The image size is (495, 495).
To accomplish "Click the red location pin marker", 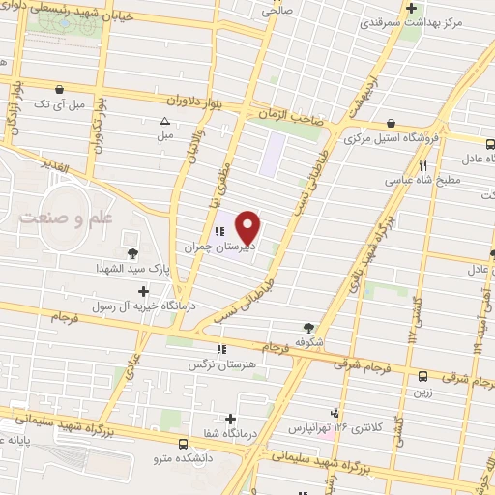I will tap(248, 228).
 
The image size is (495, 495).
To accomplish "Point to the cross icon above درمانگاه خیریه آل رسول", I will tap(143, 290).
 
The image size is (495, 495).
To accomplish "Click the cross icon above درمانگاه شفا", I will tap(230, 419).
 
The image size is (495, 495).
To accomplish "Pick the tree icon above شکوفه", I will tap(308, 328).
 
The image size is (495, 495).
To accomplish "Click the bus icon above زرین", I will tap(422, 377).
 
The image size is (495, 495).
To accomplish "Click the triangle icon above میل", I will tap(164, 121).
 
